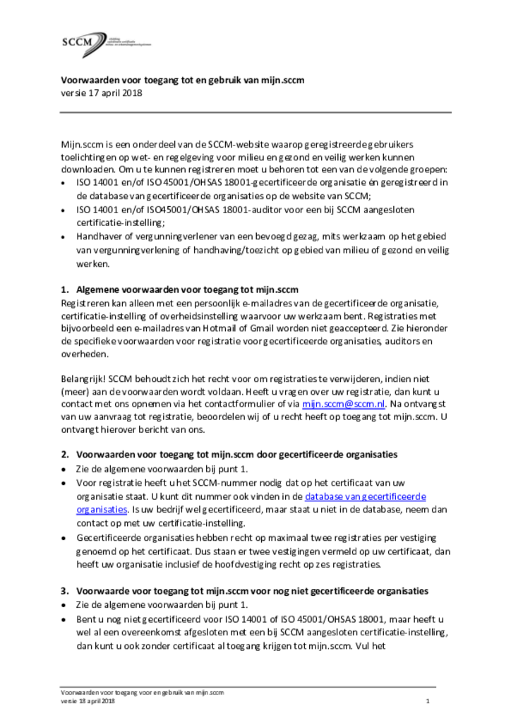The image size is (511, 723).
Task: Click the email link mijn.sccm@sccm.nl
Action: coord(343,404)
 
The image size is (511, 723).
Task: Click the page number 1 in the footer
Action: coord(428,701)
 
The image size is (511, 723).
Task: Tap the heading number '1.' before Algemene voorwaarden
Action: coord(65,289)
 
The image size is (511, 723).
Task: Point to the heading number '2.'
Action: coord(65,454)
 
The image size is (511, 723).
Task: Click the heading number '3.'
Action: coord(65,590)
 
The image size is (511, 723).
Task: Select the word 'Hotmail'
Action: coord(229,328)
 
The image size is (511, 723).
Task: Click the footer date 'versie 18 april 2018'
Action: coord(87,701)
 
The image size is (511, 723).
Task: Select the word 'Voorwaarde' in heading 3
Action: coord(99,590)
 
